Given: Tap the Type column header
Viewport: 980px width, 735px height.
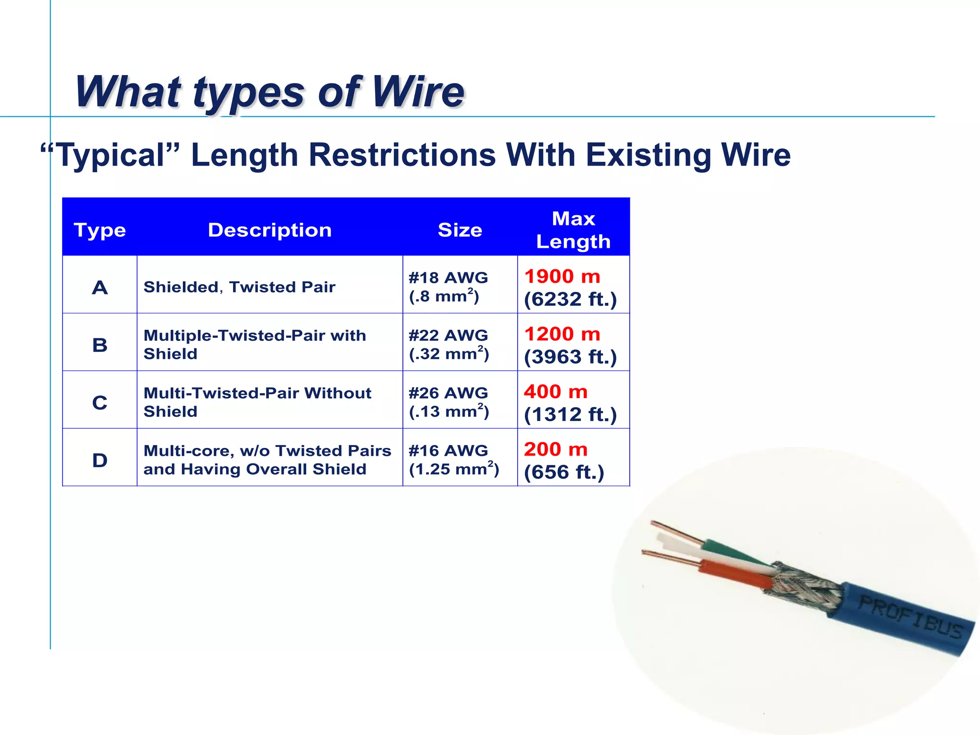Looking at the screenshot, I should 100,230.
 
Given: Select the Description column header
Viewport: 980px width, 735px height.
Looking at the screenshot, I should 270,230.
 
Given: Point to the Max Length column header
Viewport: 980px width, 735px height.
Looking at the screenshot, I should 573,230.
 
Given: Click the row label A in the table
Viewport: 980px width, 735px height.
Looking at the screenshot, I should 100,288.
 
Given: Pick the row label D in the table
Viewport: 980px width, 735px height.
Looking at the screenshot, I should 100,460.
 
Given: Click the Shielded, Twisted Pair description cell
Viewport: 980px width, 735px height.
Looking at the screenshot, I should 239,287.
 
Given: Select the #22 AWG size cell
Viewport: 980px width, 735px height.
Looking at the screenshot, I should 448,335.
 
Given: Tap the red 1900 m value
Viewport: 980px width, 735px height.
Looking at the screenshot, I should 562,277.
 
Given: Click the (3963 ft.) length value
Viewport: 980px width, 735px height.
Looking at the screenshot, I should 570,357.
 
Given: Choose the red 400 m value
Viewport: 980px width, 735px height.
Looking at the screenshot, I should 556,392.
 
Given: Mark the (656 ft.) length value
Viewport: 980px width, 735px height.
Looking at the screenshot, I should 564,472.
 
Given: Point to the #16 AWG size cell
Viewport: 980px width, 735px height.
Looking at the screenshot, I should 448,450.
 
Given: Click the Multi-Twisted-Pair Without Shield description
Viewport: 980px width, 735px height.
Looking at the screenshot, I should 257,402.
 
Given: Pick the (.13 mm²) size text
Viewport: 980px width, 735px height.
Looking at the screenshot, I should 449,412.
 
